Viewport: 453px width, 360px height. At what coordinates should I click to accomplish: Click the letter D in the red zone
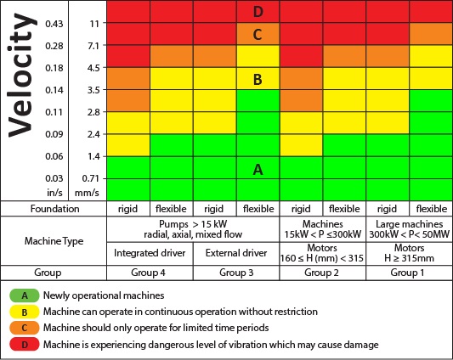click(x=257, y=12)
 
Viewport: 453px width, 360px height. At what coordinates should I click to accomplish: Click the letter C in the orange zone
click(x=257, y=35)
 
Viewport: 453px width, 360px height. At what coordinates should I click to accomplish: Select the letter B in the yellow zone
click(x=257, y=81)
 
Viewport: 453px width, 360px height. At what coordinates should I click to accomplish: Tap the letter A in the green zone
click(x=257, y=169)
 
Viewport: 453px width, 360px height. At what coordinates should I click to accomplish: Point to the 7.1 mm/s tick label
click(x=93, y=45)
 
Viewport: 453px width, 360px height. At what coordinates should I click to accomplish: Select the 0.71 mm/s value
click(x=93, y=178)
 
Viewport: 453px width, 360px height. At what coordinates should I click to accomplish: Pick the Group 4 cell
click(x=150, y=274)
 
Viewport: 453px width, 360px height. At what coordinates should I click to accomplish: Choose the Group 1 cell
click(x=410, y=274)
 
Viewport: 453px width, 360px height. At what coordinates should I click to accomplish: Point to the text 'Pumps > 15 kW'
click(x=193, y=222)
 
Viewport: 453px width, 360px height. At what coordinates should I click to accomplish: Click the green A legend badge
click(x=25, y=296)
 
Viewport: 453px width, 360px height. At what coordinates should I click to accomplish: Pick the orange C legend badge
click(x=25, y=327)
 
